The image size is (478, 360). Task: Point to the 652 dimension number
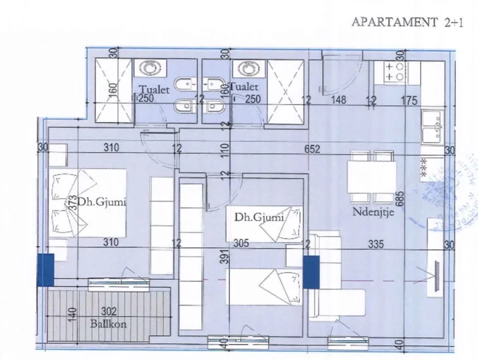coord(313,149)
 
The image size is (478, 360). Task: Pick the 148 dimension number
coord(339,101)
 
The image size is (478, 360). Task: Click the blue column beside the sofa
coord(310,272)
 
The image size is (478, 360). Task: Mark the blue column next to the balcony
coord(45,271)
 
